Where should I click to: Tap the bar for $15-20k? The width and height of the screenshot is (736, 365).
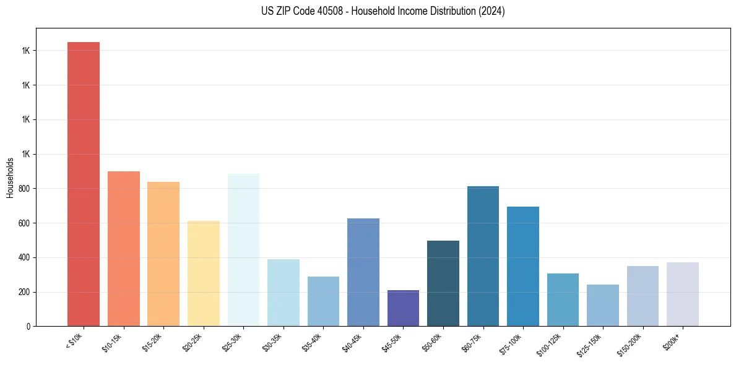tap(163, 254)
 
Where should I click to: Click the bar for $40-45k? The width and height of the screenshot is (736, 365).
tap(363, 272)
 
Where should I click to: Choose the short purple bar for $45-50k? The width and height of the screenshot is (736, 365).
tap(403, 308)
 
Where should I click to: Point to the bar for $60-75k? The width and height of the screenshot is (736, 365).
tap(483, 256)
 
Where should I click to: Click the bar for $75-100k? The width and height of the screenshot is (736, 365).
tap(523, 266)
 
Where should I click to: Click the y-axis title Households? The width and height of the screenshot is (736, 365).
tap(11, 178)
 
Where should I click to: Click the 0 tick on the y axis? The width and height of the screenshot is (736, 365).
tap(28, 327)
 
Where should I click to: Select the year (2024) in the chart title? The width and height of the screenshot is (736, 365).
tap(493, 11)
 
